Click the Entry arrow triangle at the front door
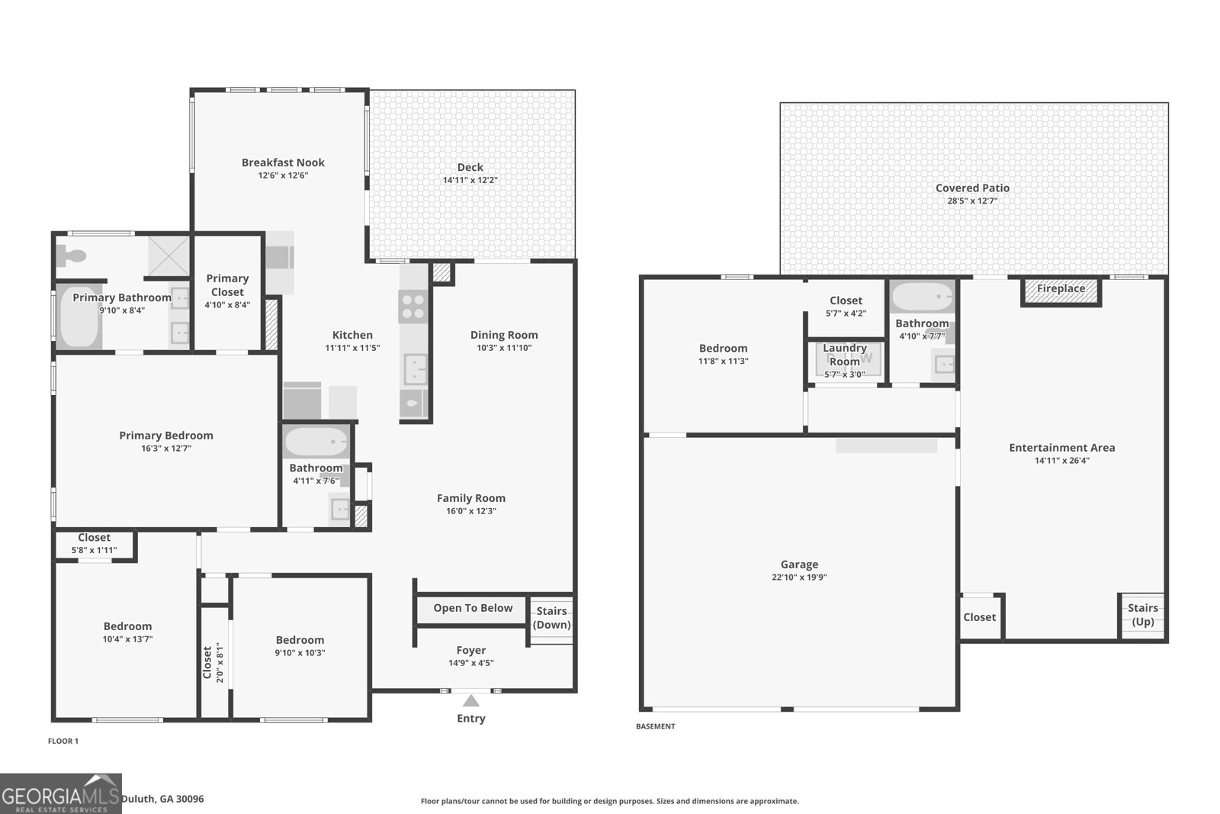coord(471,701)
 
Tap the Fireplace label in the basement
coord(1061,289)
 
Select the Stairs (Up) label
coord(1142,614)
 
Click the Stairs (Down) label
coord(551,618)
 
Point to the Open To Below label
coord(473,608)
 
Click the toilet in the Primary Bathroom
coord(71,256)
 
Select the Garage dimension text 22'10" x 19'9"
coord(799,578)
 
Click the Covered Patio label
coord(972,188)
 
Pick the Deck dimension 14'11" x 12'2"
coord(470,180)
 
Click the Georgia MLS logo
coord(60,793)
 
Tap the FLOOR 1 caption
coord(63,741)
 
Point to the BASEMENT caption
coord(655,726)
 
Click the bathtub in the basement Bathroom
coord(922,297)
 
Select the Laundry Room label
coord(844,355)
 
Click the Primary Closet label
coord(227,285)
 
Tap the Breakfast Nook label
coord(283,162)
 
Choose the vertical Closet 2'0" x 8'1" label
coord(207,662)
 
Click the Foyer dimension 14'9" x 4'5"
coord(470,663)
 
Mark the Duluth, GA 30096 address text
coord(162,799)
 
